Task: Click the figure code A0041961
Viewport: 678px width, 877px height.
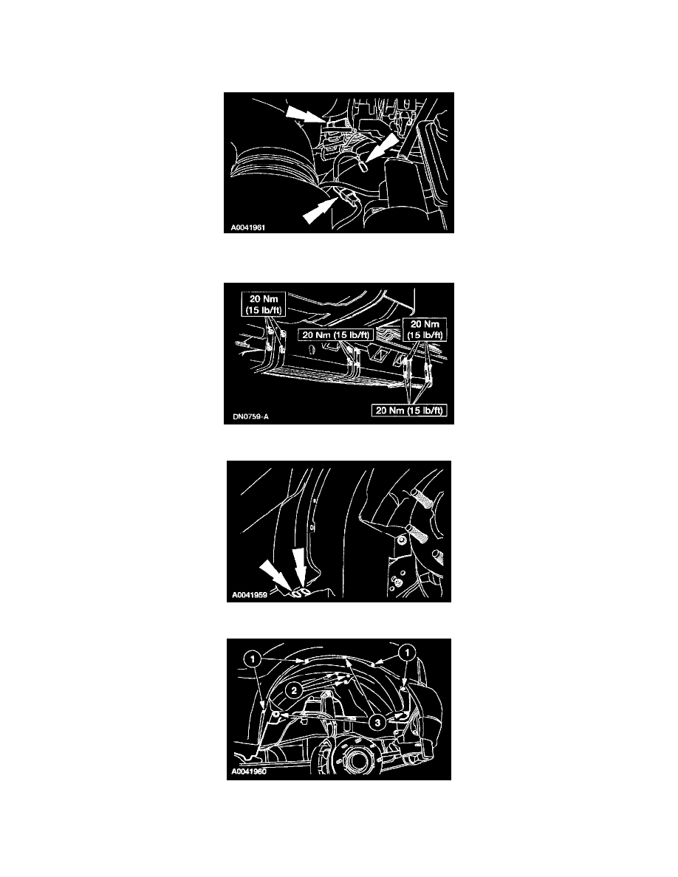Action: tap(248, 227)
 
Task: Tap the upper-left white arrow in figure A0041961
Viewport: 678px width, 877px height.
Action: tap(306, 114)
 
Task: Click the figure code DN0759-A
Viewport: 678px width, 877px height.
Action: tap(250, 416)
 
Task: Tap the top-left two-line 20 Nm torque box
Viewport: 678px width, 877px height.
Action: tap(264, 304)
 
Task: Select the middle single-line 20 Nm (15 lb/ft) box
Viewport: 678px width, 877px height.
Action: tap(335, 334)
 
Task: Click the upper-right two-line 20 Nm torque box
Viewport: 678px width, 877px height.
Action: tap(425, 329)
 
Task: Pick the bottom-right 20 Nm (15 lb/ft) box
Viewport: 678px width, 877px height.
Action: tap(409, 410)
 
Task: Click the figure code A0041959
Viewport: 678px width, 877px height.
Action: tap(250, 595)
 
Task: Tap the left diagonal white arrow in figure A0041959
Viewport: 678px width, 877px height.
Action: tap(277, 577)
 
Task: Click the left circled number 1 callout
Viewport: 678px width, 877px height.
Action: tap(253, 659)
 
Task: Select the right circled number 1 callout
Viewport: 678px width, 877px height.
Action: tap(407, 653)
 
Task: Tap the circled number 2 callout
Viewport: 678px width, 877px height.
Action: tap(294, 691)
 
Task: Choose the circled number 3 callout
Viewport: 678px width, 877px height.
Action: tap(377, 723)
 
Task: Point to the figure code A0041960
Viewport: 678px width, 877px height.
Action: tap(250, 772)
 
